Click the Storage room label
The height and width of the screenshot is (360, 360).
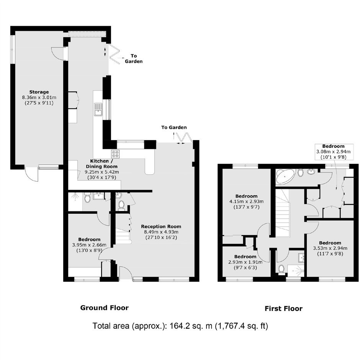[x=39, y=92]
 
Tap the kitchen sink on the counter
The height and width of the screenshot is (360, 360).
[x=98, y=110]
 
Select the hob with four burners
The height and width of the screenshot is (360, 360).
[x=116, y=154]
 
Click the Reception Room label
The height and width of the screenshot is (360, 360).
[x=161, y=226]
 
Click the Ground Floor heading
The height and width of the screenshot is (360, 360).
[x=105, y=308]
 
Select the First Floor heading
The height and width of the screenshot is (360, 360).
[x=283, y=308]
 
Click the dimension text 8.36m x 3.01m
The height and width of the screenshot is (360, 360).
[x=39, y=97]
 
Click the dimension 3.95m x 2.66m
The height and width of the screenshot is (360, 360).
[x=89, y=245]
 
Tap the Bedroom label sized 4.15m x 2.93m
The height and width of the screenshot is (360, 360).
[x=246, y=196]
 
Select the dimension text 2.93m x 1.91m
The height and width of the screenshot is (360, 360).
[x=245, y=262]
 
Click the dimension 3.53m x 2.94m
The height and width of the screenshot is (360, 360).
[x=330, y=248]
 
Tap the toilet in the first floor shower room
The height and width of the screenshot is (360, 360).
[x=281, y=269]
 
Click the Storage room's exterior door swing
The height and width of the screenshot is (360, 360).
[x=31, y=174]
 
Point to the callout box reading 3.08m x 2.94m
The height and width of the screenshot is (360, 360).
[x=333, y=152]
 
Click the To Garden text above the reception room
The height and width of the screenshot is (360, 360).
[x=174, y=128]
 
